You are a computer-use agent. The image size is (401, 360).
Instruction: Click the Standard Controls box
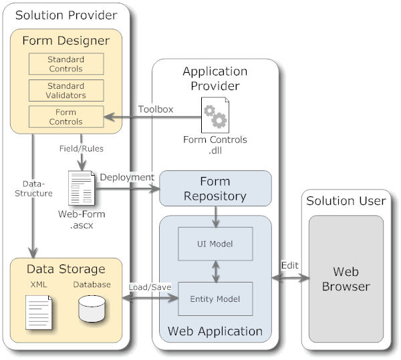tap(65, 64)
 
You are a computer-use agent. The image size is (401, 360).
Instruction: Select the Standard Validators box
tap(65, 90)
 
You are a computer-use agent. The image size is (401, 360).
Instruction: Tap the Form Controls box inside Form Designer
tap(65, 117)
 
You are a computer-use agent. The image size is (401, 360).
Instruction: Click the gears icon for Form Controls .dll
tap(215, 115)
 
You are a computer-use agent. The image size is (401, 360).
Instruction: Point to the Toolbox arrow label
tap(156, 109)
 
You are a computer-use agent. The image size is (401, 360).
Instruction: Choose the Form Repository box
tap(215, 189)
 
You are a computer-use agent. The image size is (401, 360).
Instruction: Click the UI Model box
tap(215, 243)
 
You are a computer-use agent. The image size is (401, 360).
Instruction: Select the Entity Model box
tap(215, 298)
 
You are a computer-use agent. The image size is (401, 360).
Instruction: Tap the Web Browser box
tap(346, 279)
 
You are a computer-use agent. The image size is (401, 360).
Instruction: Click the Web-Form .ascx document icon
tap(80, 188)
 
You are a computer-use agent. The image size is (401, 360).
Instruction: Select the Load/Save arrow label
tap(150, 287)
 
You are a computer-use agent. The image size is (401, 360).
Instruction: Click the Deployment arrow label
tap(127, 177)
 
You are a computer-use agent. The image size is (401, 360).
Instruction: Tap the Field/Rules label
tap(80, 148)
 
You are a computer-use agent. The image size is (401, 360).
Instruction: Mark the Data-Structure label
tap(36, 188)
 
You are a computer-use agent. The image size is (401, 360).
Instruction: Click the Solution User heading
tap(346, 201)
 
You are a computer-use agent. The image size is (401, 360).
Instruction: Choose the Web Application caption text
tap(215, 331)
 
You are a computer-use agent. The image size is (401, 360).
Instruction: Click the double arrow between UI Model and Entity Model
tap(215, 271)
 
